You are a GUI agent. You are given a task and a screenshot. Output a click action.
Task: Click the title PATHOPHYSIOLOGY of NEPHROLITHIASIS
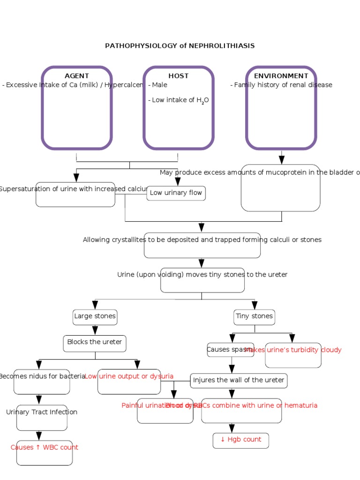pos(180,46)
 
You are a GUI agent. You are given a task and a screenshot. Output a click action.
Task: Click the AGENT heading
pos(76,76)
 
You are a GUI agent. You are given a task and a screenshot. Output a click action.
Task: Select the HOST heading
pos(179,76)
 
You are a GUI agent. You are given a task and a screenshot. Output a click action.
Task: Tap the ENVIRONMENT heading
pos(281,76)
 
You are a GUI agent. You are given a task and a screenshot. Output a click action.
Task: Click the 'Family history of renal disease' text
pos(281,85)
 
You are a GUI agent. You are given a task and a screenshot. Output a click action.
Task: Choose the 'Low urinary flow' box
pos(176,193)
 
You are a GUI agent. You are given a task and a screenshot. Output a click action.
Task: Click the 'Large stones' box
pos(95,316)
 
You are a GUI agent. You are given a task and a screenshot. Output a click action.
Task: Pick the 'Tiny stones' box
pos(254,316)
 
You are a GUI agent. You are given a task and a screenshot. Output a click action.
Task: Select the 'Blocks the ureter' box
pos(95,343)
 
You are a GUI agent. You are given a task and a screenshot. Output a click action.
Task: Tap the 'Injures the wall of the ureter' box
pos(239,380)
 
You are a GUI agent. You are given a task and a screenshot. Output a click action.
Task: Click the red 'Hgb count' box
pos(240,440)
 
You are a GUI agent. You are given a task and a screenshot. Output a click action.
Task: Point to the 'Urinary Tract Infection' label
pos(42,412)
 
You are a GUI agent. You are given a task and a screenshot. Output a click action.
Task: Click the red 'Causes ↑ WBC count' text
pos(45,448)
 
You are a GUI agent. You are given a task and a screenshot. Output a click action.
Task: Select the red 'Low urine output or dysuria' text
pos(129,376)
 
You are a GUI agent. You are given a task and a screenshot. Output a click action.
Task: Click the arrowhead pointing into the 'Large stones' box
pos(95,305)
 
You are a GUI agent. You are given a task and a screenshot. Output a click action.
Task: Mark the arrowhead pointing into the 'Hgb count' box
pos(232,428)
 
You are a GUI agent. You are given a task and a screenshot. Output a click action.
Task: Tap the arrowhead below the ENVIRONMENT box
pos(282,160)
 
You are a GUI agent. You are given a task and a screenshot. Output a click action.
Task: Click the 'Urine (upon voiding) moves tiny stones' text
pos(202,275)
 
